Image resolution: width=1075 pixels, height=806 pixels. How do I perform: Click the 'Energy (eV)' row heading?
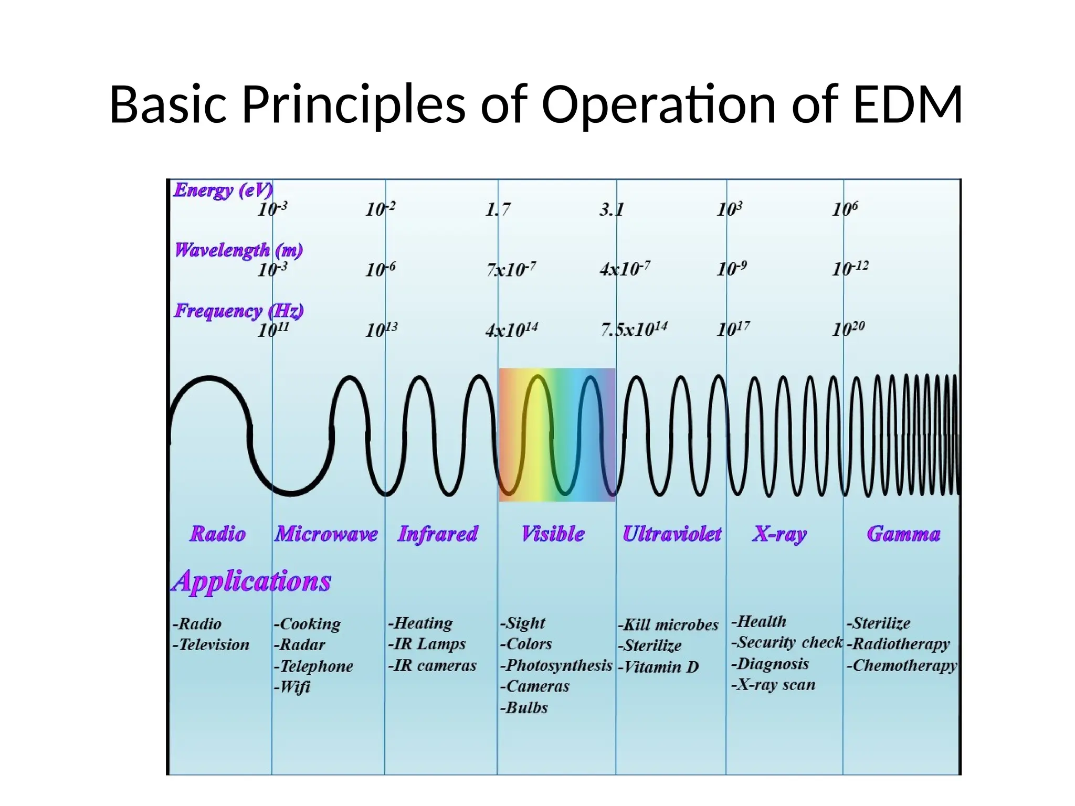click(x=223, y=190)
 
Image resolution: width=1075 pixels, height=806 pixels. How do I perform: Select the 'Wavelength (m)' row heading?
click(x=239, y=250)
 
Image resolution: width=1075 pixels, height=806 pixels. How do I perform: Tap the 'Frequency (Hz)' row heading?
click(x=239, y=311)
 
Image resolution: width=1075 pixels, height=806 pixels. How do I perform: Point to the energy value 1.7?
click(x=498, y=210)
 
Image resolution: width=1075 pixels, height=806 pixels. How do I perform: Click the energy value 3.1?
click(x=612, y=210)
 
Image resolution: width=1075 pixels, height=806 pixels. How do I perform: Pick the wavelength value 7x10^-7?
click(x=511, y=269)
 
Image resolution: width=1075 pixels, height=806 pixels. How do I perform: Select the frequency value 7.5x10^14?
click(x=634, y=330)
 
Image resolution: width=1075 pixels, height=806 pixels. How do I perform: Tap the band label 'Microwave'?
click(x=326, y=534)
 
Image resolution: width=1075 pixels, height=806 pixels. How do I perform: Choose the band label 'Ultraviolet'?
click(x=672, y=534)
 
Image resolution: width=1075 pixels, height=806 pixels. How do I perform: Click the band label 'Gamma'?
click(x=903, y=534)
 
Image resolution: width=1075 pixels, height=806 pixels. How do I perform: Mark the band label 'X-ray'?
click(x=779, y=534)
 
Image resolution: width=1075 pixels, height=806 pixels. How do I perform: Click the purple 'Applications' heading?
click(x=252, y=581)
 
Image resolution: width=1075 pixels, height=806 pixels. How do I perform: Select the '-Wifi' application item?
click(x=292, y=687)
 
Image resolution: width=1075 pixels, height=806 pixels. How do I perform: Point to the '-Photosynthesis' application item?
click(x=556, y=665)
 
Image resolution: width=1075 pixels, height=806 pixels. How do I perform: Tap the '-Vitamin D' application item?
click(x=659, y=667)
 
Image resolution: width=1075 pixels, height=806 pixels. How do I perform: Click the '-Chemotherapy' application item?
click(x=902, y=665)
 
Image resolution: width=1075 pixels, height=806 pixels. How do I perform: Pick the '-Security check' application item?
click(x=787, y=642)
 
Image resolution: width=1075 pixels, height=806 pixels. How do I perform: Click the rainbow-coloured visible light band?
click(x=557, y=434)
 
